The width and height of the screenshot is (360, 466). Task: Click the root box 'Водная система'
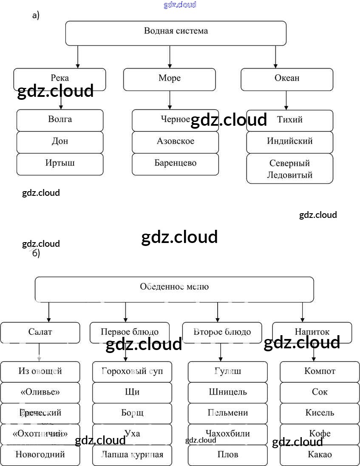coord(176,33)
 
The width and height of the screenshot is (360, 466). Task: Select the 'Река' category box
coord(60,79)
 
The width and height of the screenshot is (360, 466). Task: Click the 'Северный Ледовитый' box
coord(290,169)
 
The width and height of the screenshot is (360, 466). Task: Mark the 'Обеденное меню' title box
coord(174,289)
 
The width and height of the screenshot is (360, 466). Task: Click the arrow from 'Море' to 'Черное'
coord(170,100)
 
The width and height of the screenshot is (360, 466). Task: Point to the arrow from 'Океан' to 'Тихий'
coord(286,101)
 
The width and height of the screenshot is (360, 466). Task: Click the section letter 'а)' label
coord(36,16)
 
